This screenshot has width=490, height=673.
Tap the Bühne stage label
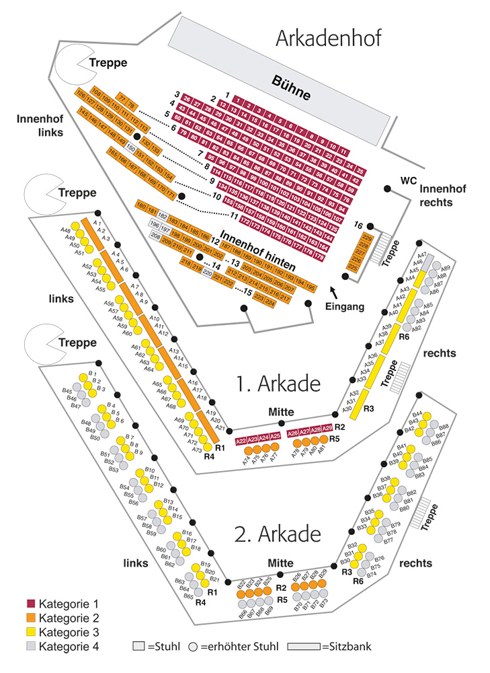tap(291, 87)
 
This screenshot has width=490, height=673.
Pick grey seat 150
tap(131, 147)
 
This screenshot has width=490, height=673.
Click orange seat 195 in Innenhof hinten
tap(310, 287)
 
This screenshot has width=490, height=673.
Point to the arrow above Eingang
tap(334, 291)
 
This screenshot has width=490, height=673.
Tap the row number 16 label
tap(358, 225)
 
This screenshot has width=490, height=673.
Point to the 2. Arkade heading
tap(276, 534)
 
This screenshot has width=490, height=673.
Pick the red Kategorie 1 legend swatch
tap(31, 603)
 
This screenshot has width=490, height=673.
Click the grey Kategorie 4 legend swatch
tap(31, 647)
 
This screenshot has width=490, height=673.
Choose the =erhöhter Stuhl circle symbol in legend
tap(192, 647)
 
